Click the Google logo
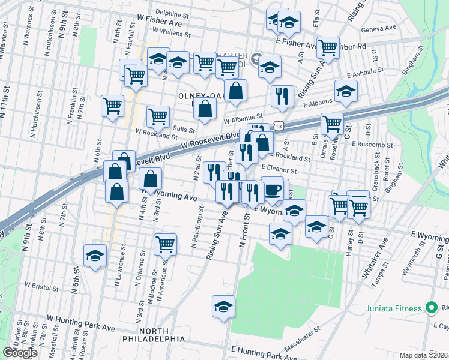[x=20, y=353]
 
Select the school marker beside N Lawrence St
[x=95, y=256]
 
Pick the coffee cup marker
[x=273, y=190]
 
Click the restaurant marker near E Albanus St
[x=281, y=96]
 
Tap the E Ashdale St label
[x=366, y=71]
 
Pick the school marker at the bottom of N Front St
[x=223, y=306]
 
